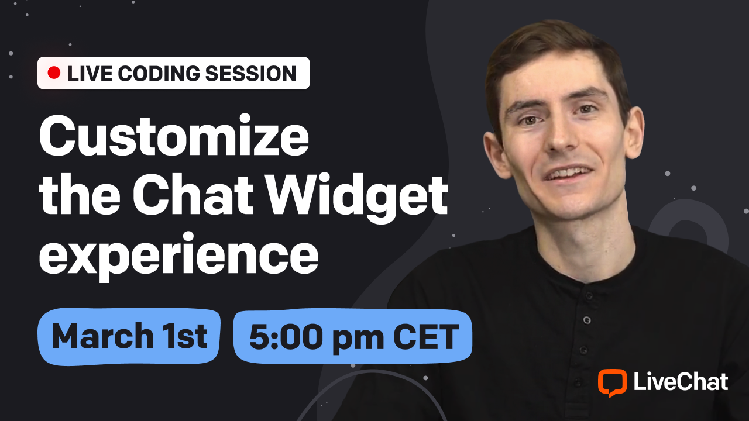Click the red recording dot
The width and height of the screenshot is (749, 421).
[54, 73]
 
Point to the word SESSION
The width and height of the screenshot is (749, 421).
[251, 74]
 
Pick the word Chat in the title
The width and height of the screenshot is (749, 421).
[193, 195]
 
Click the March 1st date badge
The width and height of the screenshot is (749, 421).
[129, 336]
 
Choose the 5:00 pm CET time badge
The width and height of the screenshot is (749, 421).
[353, 336]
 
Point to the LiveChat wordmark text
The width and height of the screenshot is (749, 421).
[681, 382]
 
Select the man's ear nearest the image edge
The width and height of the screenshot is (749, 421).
[634, 133]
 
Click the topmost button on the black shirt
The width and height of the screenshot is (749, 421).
[589, 296]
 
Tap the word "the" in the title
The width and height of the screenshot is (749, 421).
[80, 195]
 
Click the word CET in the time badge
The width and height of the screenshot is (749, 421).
[426, 336]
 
